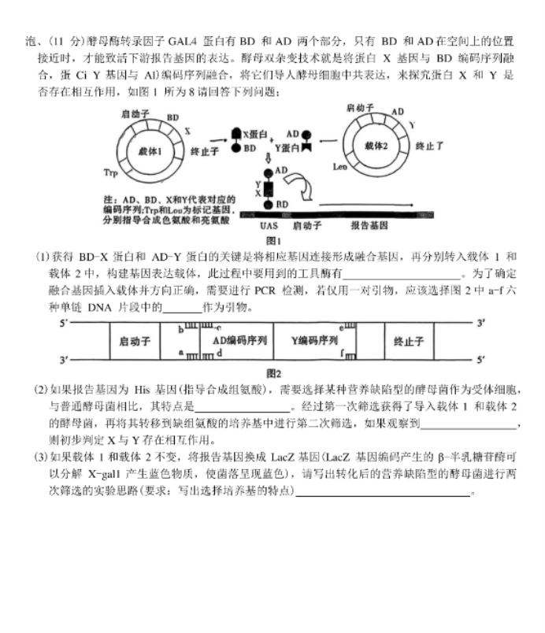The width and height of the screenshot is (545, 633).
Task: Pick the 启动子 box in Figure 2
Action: click(135, 342)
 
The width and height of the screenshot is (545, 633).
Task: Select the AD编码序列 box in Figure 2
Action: click(239, 341)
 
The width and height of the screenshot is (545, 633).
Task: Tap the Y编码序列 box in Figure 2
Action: click(313, 341)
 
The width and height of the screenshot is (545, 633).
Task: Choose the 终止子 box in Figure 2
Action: click(408, 342)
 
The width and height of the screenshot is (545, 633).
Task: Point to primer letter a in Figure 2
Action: click(180, 354)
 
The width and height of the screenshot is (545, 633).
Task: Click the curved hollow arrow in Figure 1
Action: click(304, 186)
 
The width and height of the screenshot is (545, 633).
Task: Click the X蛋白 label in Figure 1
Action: click(252, 135)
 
